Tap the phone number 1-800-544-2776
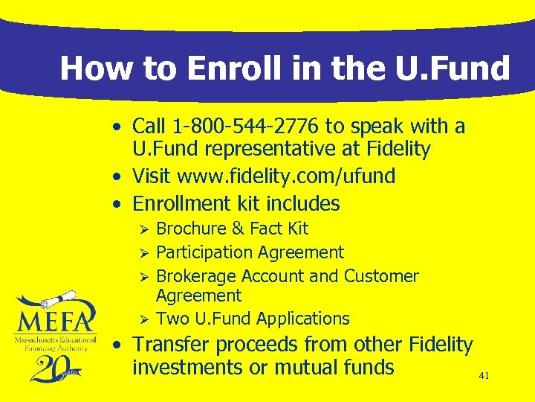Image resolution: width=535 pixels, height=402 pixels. tap(243, 127)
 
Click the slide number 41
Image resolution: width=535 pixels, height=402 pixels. tap(484, 377)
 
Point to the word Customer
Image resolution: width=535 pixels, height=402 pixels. tap(381, 276)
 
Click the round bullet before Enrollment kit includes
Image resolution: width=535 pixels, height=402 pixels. tap(117, 203)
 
